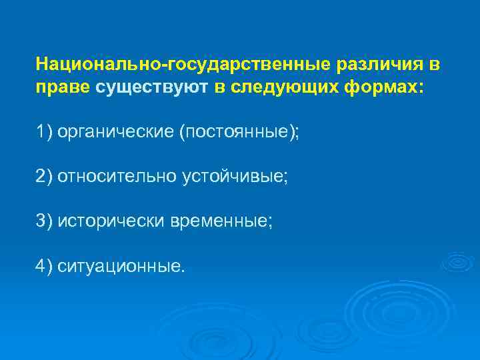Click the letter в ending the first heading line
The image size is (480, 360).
[435, 65]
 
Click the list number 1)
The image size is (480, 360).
[45, 132]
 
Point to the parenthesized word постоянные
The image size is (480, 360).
[236, 132]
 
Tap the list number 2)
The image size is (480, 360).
[45, 177]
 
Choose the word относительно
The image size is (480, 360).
[117, 177]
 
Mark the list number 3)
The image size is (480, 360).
[45, 221]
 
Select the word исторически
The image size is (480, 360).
[107, 221]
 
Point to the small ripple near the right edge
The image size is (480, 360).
[459, 261]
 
